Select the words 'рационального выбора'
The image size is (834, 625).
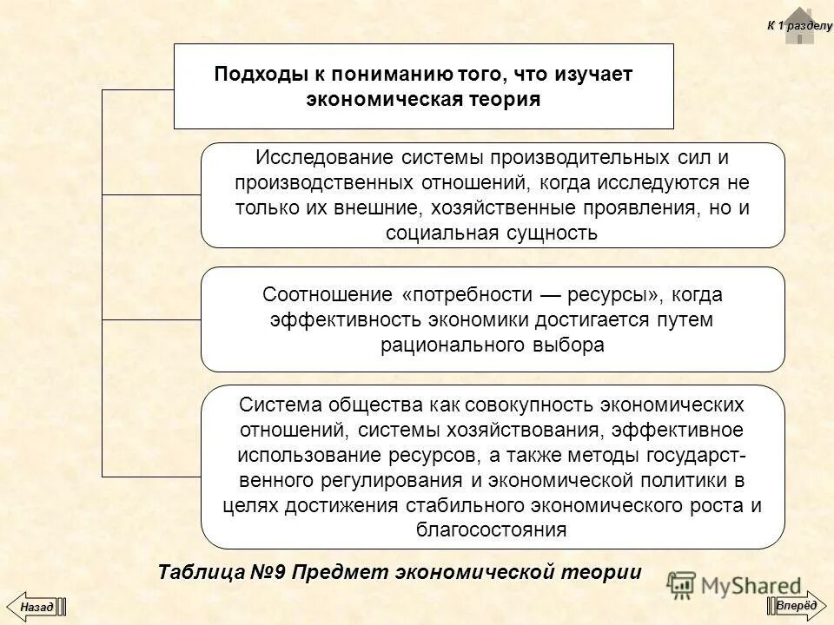point(492,344)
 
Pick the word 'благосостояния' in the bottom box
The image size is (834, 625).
point(492,530)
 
